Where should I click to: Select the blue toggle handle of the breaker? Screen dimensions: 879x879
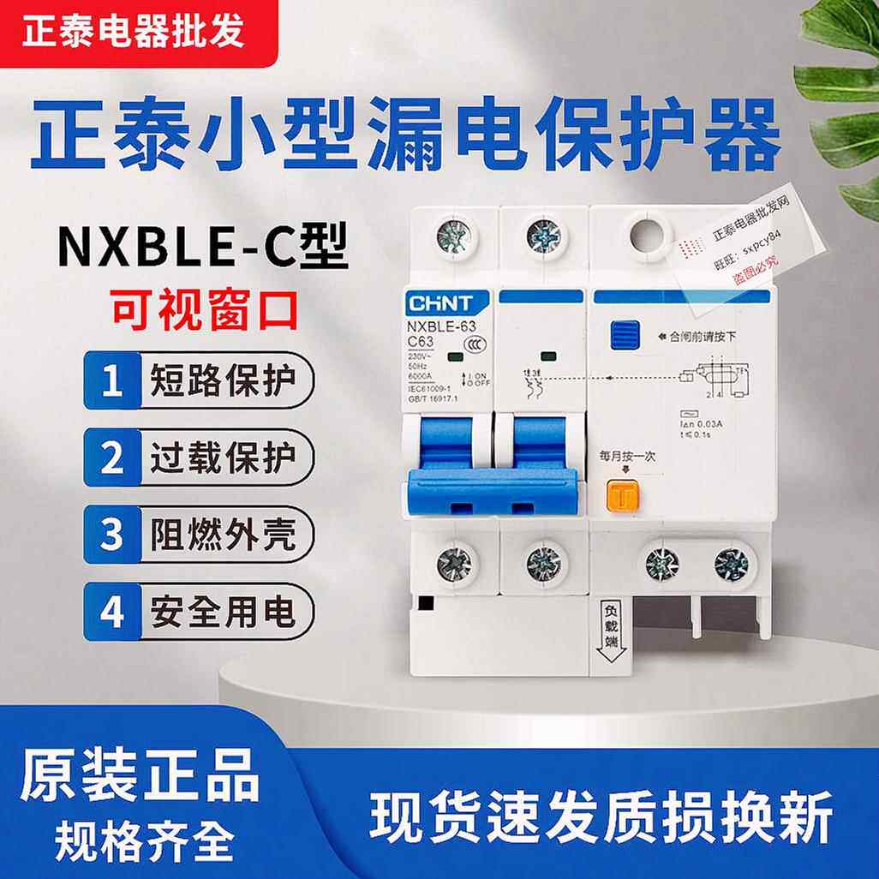coord(493,492)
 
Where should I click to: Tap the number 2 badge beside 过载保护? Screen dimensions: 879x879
coord(111,458)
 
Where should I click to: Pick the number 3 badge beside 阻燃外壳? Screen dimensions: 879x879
coord(111,535)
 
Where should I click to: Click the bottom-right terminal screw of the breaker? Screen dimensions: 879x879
coord(732,564)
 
